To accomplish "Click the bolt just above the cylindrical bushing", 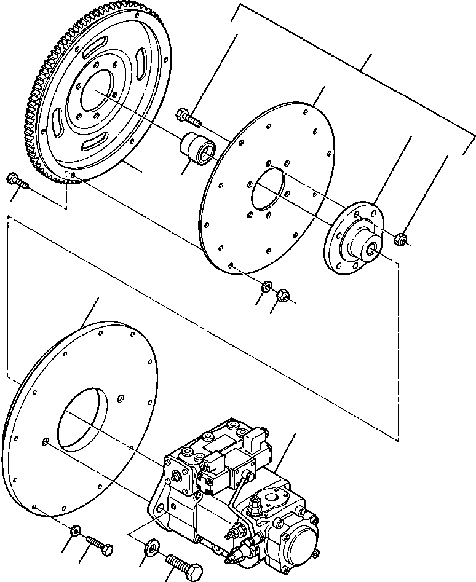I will point(187,114).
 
